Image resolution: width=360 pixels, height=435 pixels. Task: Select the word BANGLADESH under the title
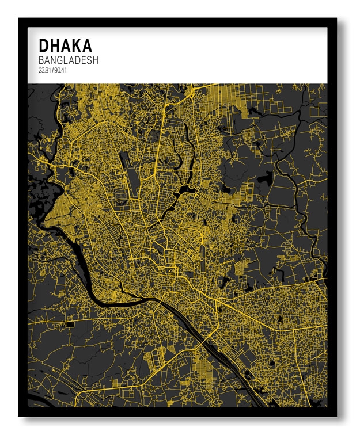[x=69, y=60]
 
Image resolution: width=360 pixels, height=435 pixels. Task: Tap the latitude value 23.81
[x=44, y=71]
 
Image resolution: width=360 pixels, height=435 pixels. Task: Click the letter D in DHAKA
[x=43, y=45]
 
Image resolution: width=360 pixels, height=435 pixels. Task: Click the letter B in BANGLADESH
[x=41, y=60]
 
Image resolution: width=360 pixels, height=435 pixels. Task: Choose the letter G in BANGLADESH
[x=61, y=60]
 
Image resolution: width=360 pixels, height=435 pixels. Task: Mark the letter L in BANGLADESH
[x=68, y=60]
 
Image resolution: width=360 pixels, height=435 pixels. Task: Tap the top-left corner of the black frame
[x=19, y=19]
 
